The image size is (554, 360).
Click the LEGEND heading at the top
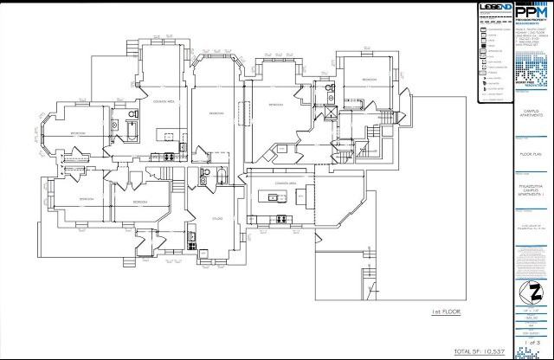pos(495,8)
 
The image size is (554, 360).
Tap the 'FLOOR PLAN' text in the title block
pos(531,153)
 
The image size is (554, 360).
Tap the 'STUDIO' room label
pos(217,219)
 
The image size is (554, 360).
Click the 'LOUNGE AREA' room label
pos(165,102)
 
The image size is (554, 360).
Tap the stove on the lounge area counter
pos(169,157)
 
